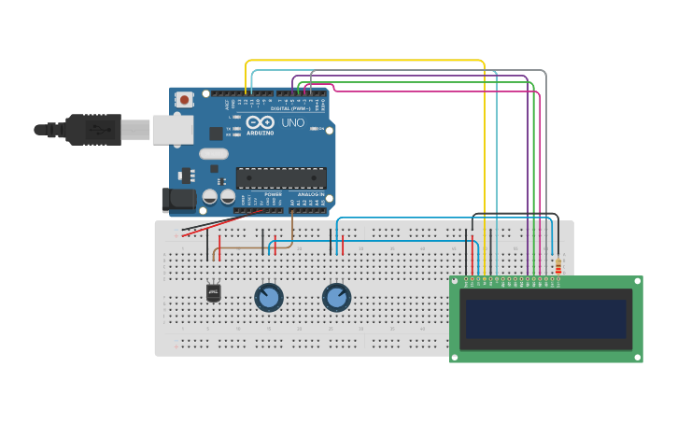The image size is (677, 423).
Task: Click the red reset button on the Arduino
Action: [185, 99]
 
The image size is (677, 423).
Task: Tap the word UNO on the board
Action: [292, 122]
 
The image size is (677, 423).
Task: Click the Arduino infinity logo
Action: [261, 122]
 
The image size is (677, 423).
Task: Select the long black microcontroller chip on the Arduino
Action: [281, 177]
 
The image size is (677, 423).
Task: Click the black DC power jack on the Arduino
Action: [178, 199]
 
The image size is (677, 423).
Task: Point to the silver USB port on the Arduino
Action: [173, 130]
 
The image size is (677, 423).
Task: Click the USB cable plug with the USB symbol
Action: [93, 130]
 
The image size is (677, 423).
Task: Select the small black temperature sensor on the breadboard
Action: [214, 293]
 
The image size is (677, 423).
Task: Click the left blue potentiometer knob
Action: [269, 298]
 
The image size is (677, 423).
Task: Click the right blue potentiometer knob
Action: [336, 298]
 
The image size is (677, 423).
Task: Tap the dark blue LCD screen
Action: [546, 319]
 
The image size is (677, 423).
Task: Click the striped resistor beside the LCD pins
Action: [557, 265]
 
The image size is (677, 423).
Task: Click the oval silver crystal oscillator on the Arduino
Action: [213, 153]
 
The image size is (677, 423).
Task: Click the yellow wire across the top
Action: [364, 61]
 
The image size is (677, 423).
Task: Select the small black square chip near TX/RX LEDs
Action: [217, 134]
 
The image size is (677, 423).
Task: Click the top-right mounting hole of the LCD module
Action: [638, 281]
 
